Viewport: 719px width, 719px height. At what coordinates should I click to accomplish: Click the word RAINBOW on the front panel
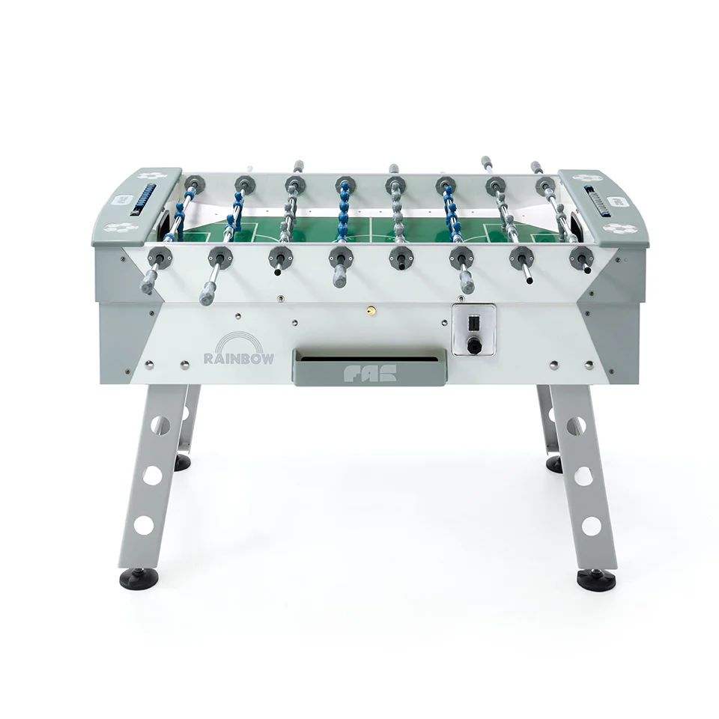(x=238, y=358)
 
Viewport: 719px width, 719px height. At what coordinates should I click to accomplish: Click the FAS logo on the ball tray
(x=369, y=374)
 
